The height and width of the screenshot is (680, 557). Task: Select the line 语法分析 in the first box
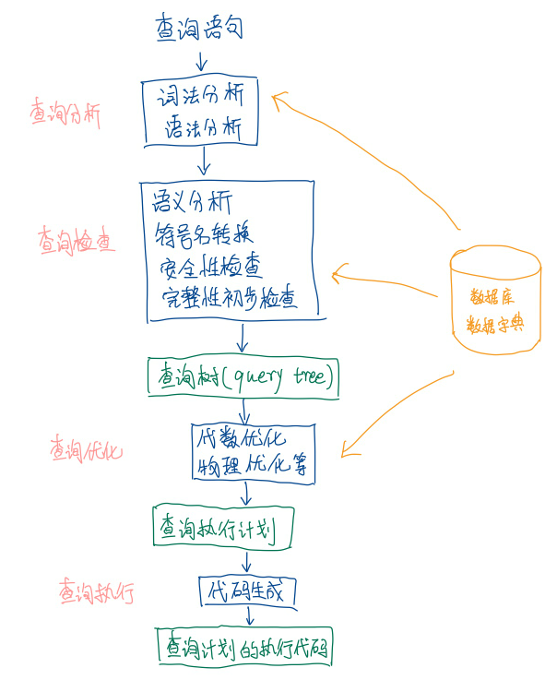coord(202,128)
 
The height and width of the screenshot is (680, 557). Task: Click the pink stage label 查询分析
coord(65,115)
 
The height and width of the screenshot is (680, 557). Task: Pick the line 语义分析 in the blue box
coord(192,202)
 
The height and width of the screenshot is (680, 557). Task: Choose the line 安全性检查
coord(210,268)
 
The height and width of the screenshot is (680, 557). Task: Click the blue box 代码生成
coord(246,591)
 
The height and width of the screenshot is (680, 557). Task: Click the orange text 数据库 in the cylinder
coord(493,297)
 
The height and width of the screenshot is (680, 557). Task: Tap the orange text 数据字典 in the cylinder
coord(493,326)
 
